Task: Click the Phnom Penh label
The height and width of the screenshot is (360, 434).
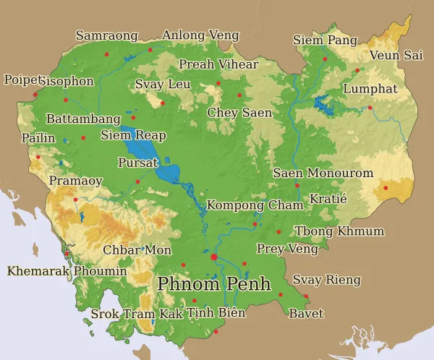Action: pos(213,283)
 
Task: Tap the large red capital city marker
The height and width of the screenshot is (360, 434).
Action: pos(213,257)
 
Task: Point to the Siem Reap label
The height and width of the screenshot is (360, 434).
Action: pos(133,135)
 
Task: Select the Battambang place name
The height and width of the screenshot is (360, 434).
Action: pos(82,119)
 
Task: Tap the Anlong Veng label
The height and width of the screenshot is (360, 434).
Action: pos(200,35)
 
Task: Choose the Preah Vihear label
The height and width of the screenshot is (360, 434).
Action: pos(218,64)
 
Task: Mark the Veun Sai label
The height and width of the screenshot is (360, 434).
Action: pos(396,56)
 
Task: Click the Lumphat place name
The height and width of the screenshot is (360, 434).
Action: pos(370,89)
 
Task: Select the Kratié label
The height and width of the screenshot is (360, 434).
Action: pos(328,198)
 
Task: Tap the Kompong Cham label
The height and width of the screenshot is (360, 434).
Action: pos(255,205)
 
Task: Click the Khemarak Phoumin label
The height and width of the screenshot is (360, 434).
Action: pos(67,272)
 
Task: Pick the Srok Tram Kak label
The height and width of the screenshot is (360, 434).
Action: pos(137,314)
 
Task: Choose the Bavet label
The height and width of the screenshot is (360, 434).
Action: pos(306,314)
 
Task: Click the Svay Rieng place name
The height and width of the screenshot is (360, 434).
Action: pos(326,280)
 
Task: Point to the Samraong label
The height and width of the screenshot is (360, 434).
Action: pos(106,35)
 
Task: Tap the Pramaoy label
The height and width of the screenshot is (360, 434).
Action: pos(75,181)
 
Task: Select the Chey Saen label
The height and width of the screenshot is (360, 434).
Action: pos(239,113)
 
